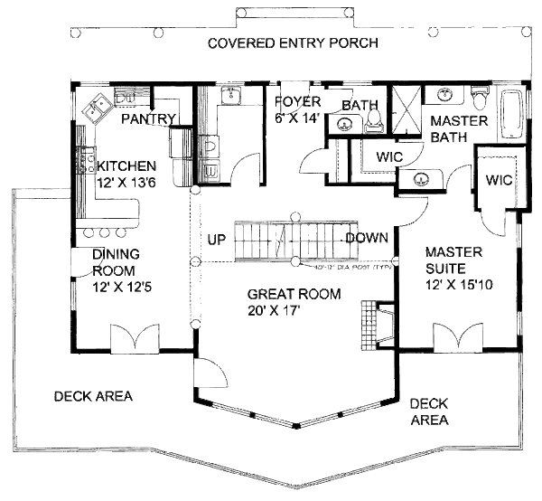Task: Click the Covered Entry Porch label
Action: [292, 43]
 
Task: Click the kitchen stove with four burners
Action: [89, 161]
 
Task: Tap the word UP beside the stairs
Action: [217, 241]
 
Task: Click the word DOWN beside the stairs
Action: [367, 238]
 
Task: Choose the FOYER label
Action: [293, 100]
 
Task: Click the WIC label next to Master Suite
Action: [499, 180]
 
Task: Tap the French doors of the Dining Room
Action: [134, 340]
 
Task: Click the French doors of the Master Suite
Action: [457, 340]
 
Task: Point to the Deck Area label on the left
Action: [93, 396]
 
